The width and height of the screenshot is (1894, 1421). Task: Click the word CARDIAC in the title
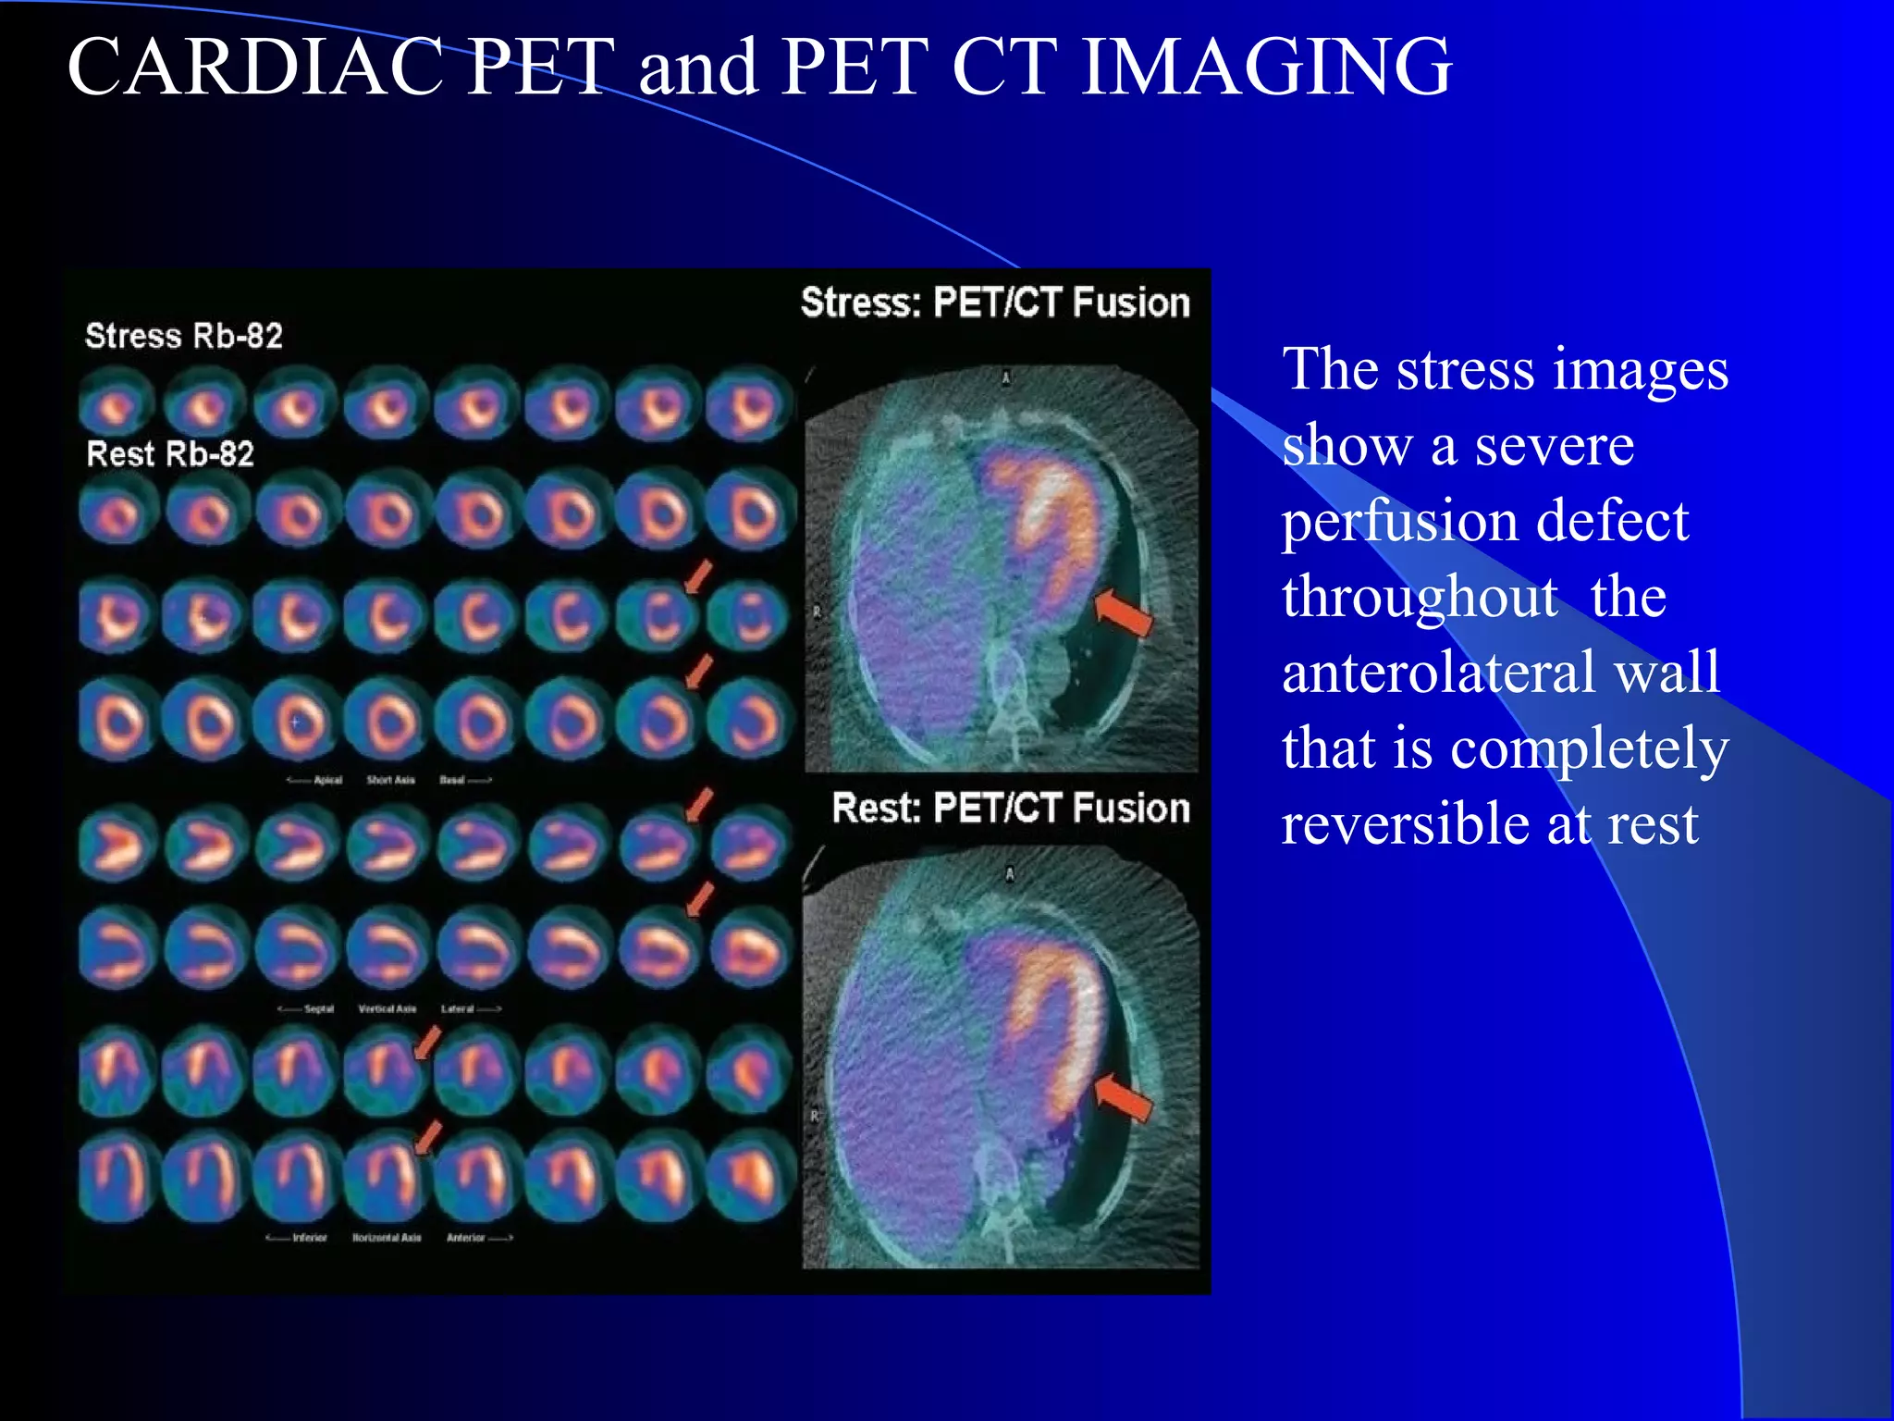(255, 67)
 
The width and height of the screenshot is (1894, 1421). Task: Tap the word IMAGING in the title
(1266, 67)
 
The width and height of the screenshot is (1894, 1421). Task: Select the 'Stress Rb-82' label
(183, 336)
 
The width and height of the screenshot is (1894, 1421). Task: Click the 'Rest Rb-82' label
(169, 454)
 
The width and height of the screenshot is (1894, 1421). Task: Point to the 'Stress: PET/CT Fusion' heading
(995, 303)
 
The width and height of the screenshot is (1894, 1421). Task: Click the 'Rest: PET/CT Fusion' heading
(1010, 809)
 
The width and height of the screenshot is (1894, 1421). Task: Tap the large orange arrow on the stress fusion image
(1123, 612)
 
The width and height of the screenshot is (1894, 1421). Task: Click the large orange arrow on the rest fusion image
(1123, 1098)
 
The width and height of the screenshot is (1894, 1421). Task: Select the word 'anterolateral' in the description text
(1500, 673)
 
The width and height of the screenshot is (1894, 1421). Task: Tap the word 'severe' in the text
(1554, 445)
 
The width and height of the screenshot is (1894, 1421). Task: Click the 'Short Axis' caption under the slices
(390, 780)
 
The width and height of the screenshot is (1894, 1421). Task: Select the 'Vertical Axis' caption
(387, 1008)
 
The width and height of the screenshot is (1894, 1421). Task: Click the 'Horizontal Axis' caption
(387, 1238)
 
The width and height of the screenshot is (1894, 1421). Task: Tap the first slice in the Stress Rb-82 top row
(116, 404)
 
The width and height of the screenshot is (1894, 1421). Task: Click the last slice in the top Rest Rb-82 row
(750, 512)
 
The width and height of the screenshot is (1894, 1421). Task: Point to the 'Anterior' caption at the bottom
(466, 1238)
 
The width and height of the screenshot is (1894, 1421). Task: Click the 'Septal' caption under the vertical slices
(318, 1008)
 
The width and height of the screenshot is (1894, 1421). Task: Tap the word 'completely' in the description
(1588, 748)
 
